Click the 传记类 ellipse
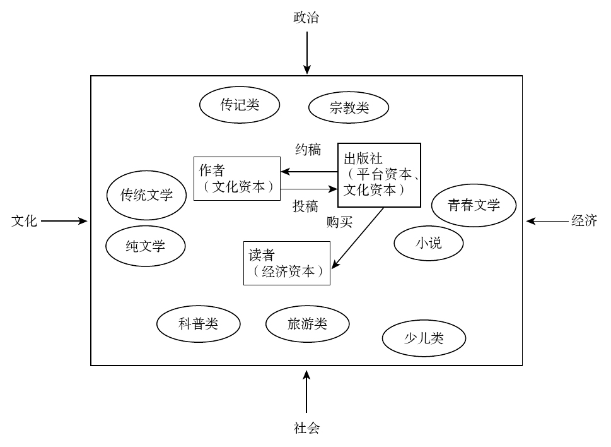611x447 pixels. (239, 105)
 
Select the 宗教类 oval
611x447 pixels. (349, 108)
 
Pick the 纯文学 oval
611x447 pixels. (146, 246)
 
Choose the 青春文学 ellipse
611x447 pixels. (474, 205)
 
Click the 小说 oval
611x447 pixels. (429, 242)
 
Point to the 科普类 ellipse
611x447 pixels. (199, 324)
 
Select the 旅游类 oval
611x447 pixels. (307, 324)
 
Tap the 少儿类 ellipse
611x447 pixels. (424, 339)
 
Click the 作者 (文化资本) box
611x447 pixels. (237, 178)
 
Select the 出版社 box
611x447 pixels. (379, 174)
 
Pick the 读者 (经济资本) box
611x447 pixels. (287, 263)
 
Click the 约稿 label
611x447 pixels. (308, 150)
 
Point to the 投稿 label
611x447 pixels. (305, 206)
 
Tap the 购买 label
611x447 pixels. (339, 222)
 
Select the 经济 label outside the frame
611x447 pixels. (584, 221)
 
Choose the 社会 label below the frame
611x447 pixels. (306, 428)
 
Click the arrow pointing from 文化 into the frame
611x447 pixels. (64, 221)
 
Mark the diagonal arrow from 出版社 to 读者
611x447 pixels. (358, 238)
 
